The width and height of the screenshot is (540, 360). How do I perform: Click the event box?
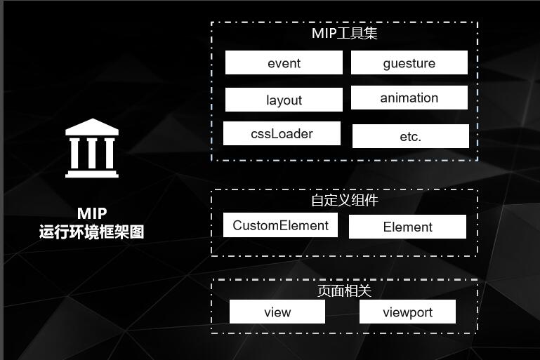[284, 63]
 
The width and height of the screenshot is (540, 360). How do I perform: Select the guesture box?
[409, 63]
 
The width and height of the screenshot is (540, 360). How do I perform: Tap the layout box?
[284, 100]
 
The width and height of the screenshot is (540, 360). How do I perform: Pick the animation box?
[409, 98]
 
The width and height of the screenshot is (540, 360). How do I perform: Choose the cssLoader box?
[282, 133]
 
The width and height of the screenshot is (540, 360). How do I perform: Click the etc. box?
[410, 136]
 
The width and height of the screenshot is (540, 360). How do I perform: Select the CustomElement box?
[280, 225]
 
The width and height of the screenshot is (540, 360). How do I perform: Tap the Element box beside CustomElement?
[407, 227]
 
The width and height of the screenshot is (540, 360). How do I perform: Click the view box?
[277, 312]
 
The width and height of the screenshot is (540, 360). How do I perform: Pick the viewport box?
[407, 312]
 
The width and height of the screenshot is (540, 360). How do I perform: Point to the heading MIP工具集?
[345, 33]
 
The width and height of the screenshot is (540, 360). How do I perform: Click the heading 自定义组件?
[345, 200]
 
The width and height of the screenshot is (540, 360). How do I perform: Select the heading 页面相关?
[345, 290]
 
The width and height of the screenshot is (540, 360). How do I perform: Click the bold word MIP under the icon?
[92, 213]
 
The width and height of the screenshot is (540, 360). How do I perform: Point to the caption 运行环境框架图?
[92, 232]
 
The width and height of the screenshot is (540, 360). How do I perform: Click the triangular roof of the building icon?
[91, 128]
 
